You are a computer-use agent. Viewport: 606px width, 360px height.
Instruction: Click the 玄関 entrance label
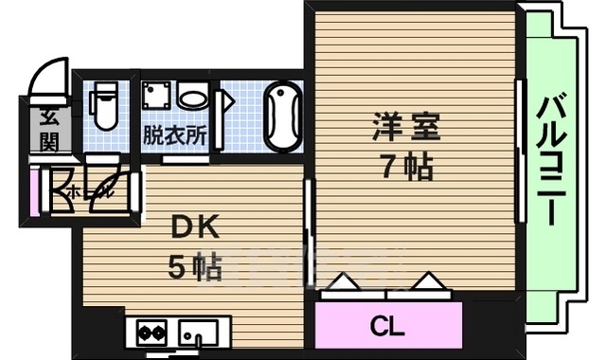47,130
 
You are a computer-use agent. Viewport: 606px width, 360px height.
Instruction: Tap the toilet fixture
105,105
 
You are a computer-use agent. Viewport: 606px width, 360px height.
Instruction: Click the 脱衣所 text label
174,134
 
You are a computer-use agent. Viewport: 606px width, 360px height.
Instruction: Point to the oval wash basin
193,97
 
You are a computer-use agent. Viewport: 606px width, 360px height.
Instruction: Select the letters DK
195,227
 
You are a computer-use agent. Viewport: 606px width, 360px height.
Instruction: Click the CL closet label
387,328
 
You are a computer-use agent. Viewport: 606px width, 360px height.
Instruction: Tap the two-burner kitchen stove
151,333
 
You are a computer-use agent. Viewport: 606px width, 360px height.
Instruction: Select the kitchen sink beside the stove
199,333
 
